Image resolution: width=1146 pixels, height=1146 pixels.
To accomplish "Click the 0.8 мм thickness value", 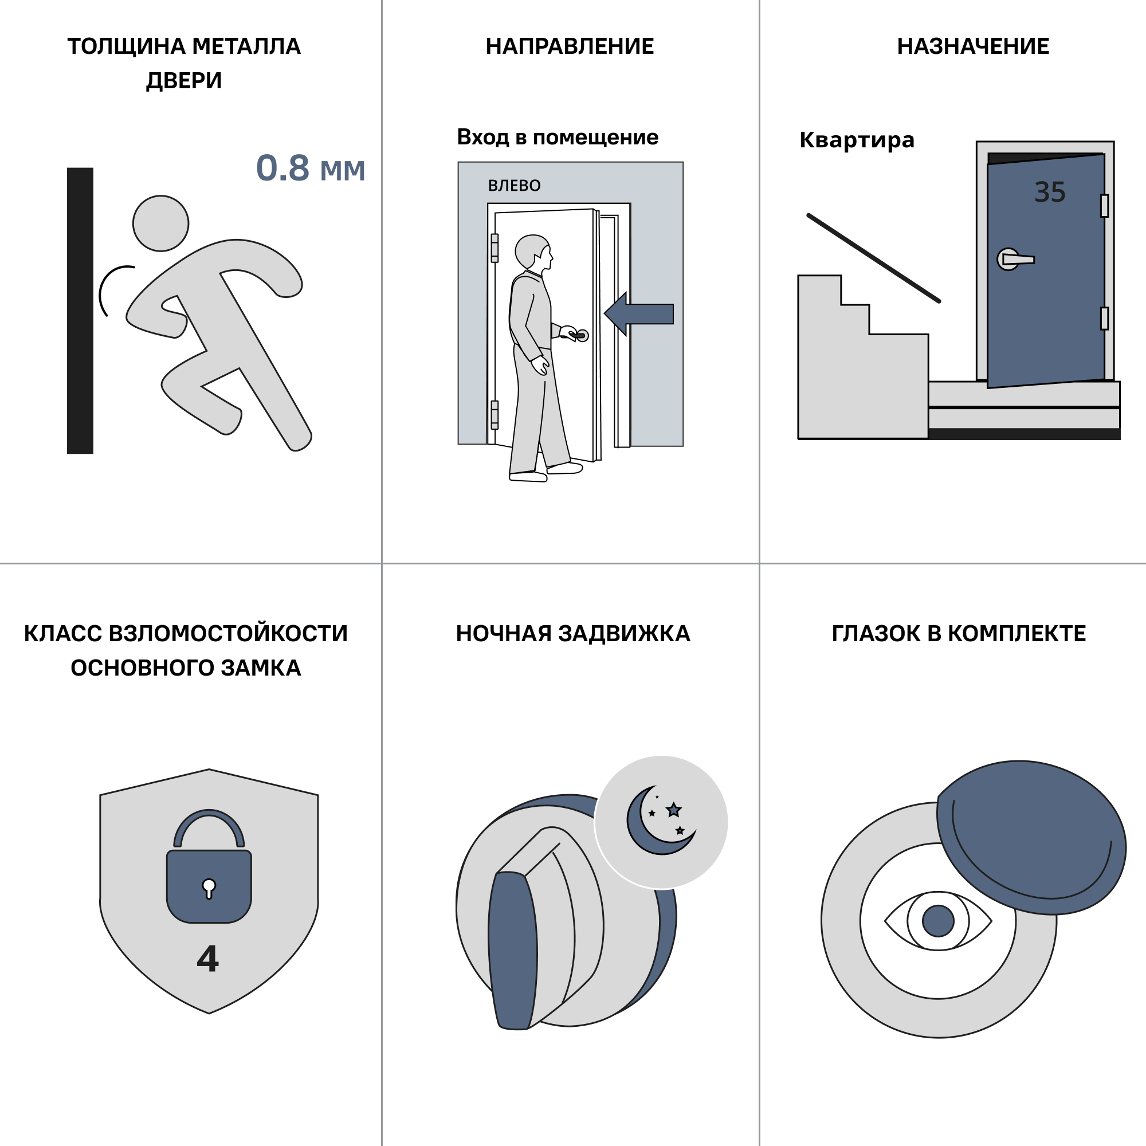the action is click(310, 168).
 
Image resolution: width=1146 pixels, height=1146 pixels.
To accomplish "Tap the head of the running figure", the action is click(161, 223).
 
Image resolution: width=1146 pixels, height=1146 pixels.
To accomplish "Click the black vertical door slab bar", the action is click(80, 311).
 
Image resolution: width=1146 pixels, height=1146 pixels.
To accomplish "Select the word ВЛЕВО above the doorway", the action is click(515, 186).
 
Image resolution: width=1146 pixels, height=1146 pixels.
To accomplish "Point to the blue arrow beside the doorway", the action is click(639, 314).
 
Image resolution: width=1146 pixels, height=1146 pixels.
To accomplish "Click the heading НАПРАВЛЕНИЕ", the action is click(570, 46).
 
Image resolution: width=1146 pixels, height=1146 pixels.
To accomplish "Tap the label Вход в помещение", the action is click(558, 138).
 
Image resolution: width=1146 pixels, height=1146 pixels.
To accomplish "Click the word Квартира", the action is click(857, 140).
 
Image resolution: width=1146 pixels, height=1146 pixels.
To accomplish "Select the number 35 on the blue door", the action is click(1050, 192).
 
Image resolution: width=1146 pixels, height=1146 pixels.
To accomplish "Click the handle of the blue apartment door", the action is click(1015, 259).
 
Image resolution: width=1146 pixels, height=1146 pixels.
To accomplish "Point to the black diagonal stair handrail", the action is click(874, 258).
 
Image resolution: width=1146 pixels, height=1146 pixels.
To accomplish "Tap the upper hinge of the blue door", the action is click(1105, 206).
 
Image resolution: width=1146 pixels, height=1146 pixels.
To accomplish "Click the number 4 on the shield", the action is click(208, 959).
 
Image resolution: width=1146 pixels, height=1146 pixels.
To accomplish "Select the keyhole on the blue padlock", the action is click(209, 889).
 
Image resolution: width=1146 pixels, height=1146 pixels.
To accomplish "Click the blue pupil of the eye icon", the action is click(939, 921).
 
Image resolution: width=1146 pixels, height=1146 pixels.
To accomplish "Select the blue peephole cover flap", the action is click(1031, 838).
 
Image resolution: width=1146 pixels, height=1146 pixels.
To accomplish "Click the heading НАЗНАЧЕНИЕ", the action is click(973, 46).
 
